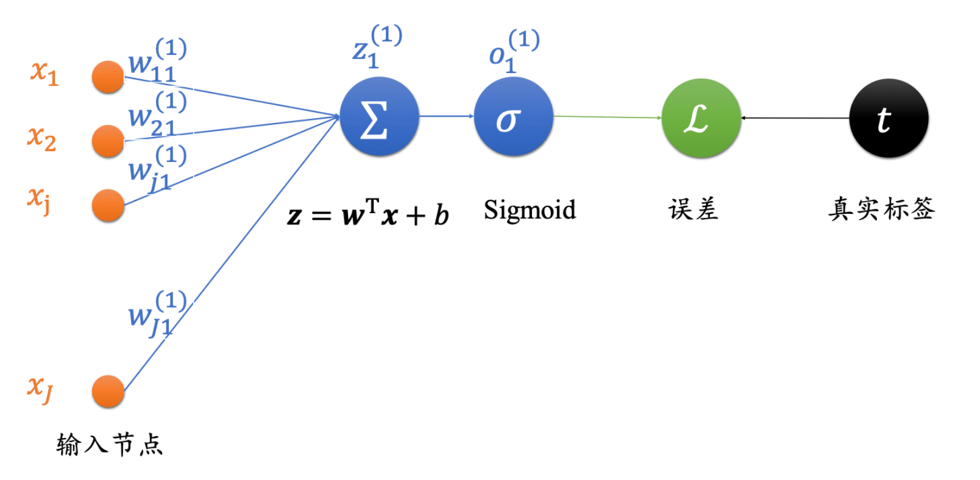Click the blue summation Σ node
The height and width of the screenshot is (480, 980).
point(379,116)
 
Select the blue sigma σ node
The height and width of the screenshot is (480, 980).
point(513,116)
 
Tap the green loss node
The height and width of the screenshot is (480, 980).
point(701,118)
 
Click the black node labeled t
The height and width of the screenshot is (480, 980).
point(889,118)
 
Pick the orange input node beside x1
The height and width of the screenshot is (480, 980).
point(108,77)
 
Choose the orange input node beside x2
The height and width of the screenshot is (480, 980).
point(108,141)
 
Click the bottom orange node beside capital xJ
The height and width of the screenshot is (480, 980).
point(108,391)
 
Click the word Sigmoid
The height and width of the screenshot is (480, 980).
point(529,210)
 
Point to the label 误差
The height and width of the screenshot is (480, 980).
point(693,210)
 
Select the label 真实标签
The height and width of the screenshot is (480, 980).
point(881,209)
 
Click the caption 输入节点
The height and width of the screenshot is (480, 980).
point(110,444)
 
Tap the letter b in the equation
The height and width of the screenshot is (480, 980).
point(441,214)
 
